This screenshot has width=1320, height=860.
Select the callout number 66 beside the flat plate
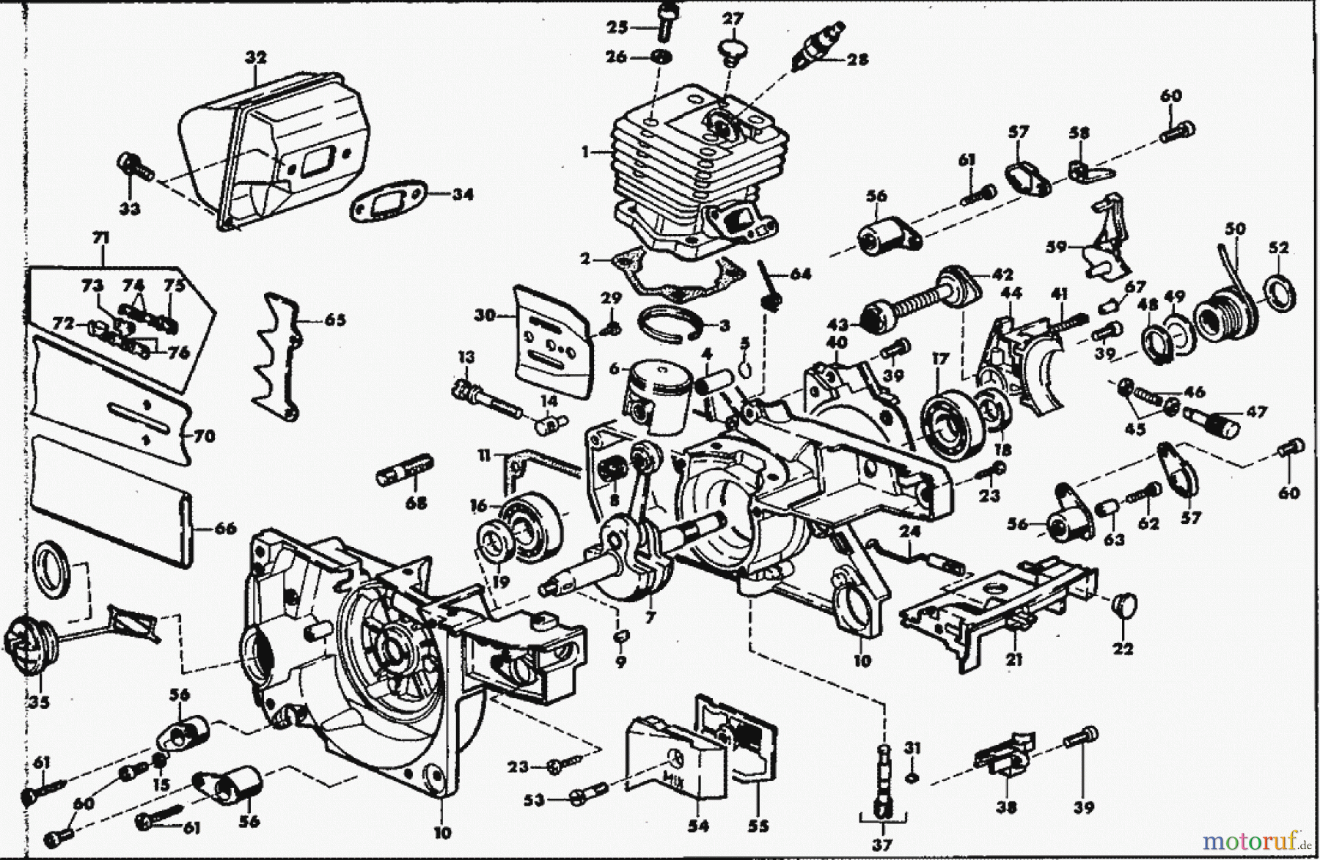click(225, 527)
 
